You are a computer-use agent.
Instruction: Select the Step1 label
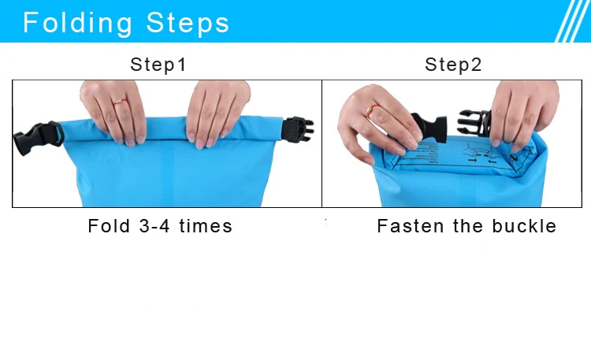click(x=158, y=65)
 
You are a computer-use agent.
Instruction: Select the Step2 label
click(x=453, y=65)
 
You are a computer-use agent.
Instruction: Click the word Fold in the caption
click(x=108, y=226)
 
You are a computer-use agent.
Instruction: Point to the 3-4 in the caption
click(x=154, y=226)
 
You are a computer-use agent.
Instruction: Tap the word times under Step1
click(x=206, y=226)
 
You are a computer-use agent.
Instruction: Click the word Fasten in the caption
click(x=411, y=226)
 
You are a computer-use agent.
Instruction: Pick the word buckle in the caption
click(x=524, y=226)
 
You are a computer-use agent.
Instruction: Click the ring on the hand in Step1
click(x=120, y=101)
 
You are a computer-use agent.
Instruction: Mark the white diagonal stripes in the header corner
click(x=572, y=21)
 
